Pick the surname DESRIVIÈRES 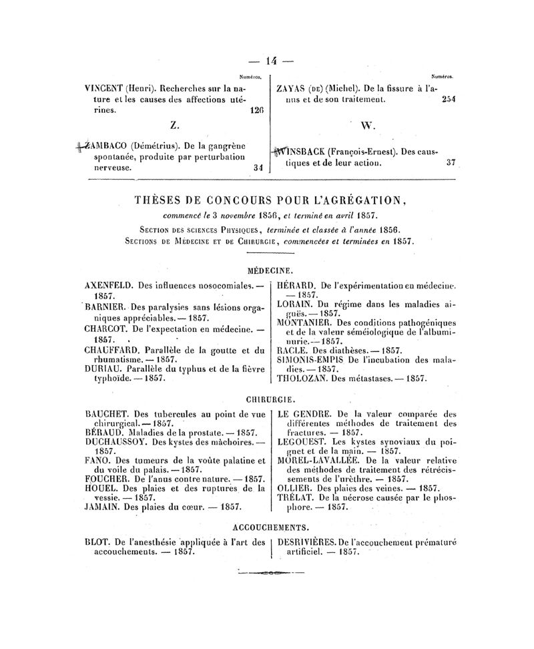pos(306,542)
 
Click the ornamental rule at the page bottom pos(270,572)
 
